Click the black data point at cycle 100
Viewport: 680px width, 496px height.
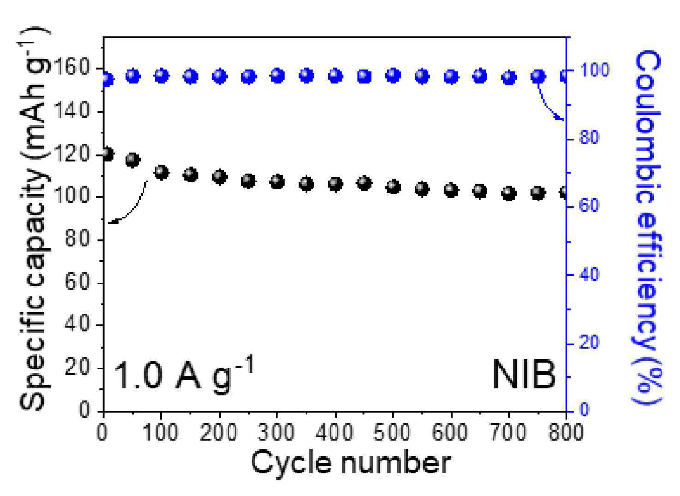[x=162, y=173]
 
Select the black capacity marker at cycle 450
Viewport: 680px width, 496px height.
[x=364, y=183]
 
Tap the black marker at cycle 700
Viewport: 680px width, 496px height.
[x=509, y=193]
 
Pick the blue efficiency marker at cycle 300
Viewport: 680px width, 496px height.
[x=277, y=76]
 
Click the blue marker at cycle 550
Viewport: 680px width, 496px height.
[x=422, y=77]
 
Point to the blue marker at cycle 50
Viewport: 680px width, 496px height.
[x=132, y=76]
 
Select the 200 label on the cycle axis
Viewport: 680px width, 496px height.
[x=219, y=432]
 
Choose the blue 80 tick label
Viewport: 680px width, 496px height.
[x=589, y=138]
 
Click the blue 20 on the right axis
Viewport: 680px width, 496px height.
[x=589, y=343]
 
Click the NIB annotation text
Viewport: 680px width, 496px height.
[x=524, y=374]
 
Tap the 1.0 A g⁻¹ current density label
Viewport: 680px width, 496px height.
[x=183, y=373]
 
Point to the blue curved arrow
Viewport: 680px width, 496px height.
[x=547, y=105]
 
